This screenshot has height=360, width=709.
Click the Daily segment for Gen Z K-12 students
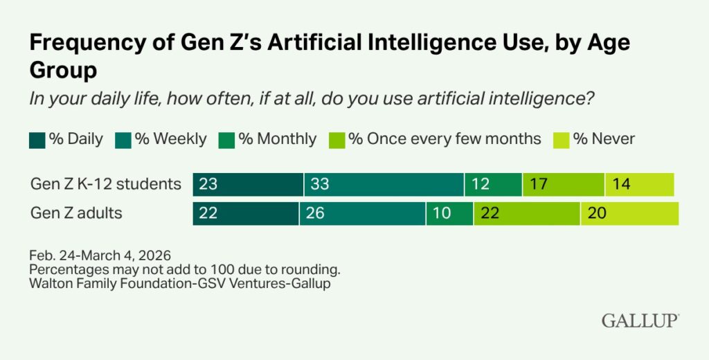pos(248,184)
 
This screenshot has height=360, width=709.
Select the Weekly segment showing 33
pos(384,184)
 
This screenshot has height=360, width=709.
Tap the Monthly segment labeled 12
pos(493,184)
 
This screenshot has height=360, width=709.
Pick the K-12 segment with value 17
pos(564,184)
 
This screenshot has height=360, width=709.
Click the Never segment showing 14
pos(639,184)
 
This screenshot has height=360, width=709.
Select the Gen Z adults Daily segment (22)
pos(246,213)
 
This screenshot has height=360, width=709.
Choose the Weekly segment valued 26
pos(363,213)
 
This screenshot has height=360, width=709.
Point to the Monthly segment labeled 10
pos(449,213)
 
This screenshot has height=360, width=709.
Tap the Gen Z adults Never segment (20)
pos(629,213)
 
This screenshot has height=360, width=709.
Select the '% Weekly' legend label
pos(170,139)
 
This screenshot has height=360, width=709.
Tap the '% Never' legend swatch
pos(559,139)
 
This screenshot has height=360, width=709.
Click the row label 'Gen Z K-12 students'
pos(106,184)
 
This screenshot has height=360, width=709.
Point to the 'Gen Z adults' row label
pos(76,213)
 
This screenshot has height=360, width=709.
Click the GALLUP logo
pos(640,321)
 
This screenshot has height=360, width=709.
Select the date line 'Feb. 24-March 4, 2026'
pos(100,255)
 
